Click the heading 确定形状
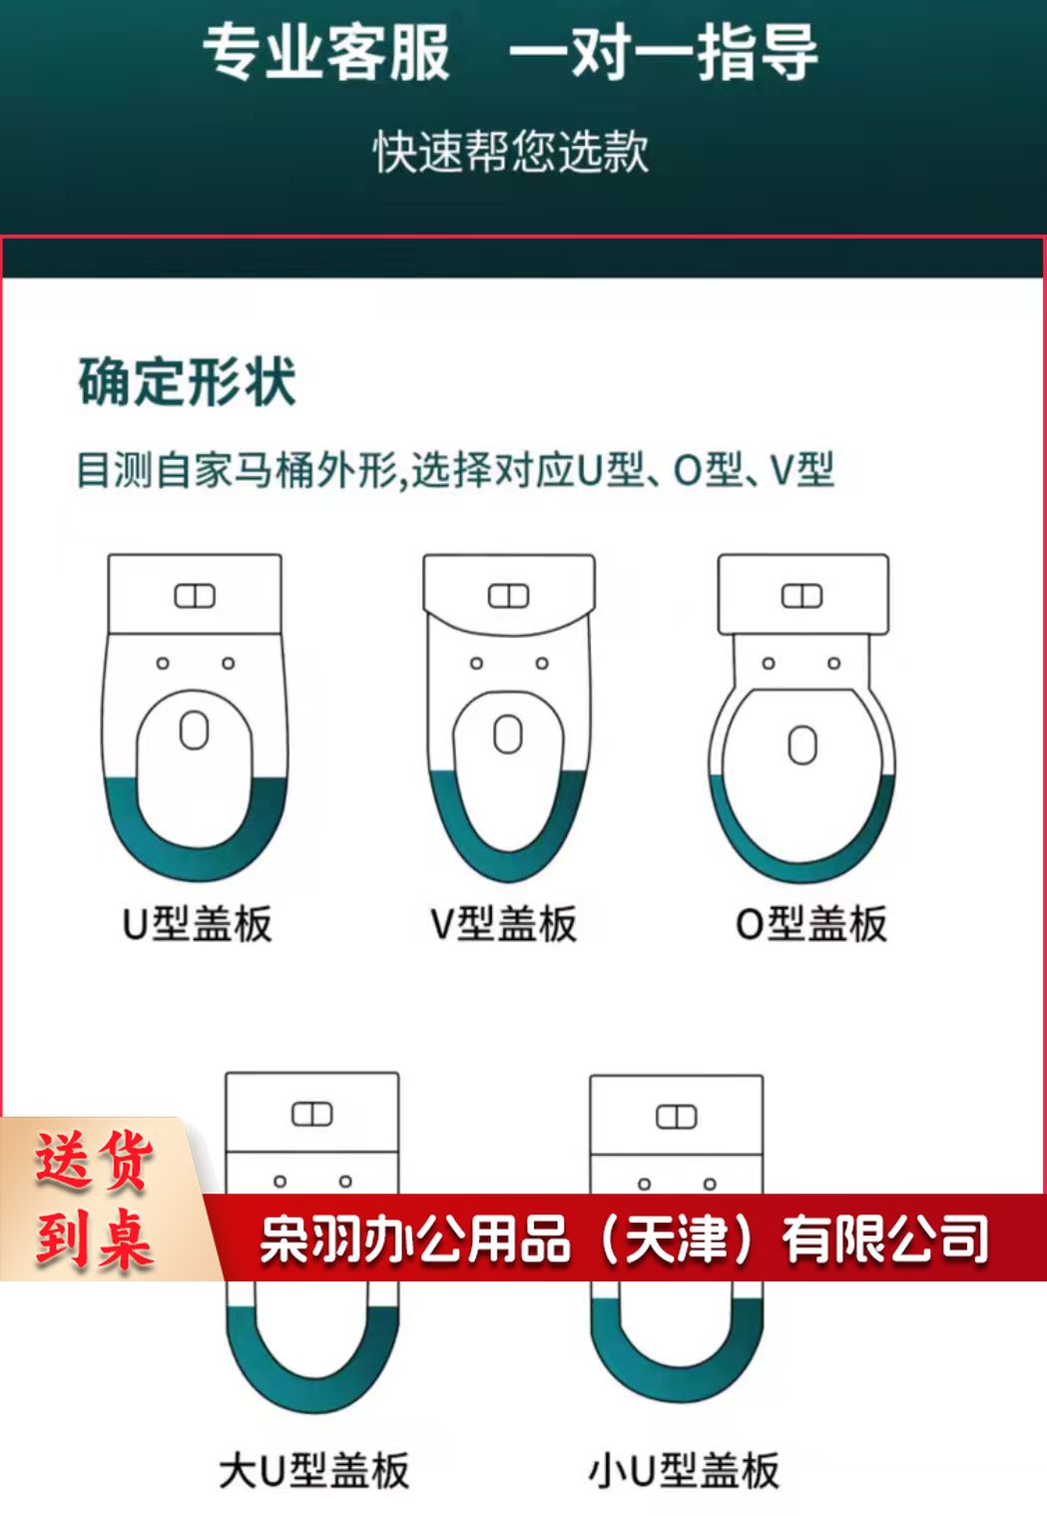coord(187,382)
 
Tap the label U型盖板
coord(197,924)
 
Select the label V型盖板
coord(503,924)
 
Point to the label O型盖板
coord(810,924)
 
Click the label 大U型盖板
coord(314,1471)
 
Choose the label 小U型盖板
coord(684,1471)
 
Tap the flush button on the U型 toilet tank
coord(195,596)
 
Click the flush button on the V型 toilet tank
coord(508,596)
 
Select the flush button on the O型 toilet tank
coord(802,596)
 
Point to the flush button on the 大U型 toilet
coord(312,1114)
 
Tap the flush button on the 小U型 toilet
coord(676,1117)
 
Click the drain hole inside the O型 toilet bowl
coord(802,745)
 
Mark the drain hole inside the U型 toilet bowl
coord(195,730)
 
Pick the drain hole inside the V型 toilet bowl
coord(508,734)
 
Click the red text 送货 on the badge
coord(94,1161)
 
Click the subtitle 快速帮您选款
coord(511,152)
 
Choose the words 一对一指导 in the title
coord(664,52)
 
